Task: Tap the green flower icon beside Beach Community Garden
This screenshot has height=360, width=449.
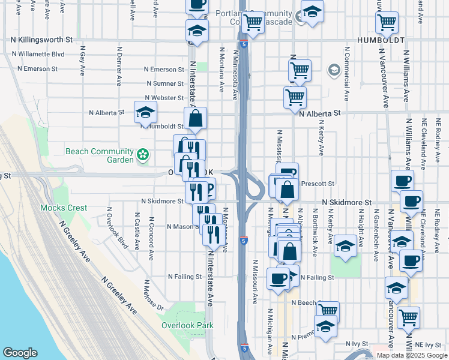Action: click(143, 155)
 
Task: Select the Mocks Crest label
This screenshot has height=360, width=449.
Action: click(64, 208)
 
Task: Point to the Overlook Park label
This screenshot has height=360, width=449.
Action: click(187, 326)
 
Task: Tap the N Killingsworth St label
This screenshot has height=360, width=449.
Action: click(42, 40)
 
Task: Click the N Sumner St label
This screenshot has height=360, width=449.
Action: click(164, 84)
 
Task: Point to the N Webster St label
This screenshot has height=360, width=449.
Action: click(164, 98)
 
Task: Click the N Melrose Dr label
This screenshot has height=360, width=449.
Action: click(153, 296)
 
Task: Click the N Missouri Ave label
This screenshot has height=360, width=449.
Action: click(255, 281)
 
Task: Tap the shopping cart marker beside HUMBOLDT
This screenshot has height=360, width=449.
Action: click(387, 23)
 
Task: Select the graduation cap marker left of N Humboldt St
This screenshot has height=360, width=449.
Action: click(144, 112)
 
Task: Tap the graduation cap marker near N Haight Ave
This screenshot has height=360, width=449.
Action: click(345, 245)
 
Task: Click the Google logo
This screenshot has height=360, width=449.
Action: click(20, 353)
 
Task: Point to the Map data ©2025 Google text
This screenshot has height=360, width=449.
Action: click(412, 355)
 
